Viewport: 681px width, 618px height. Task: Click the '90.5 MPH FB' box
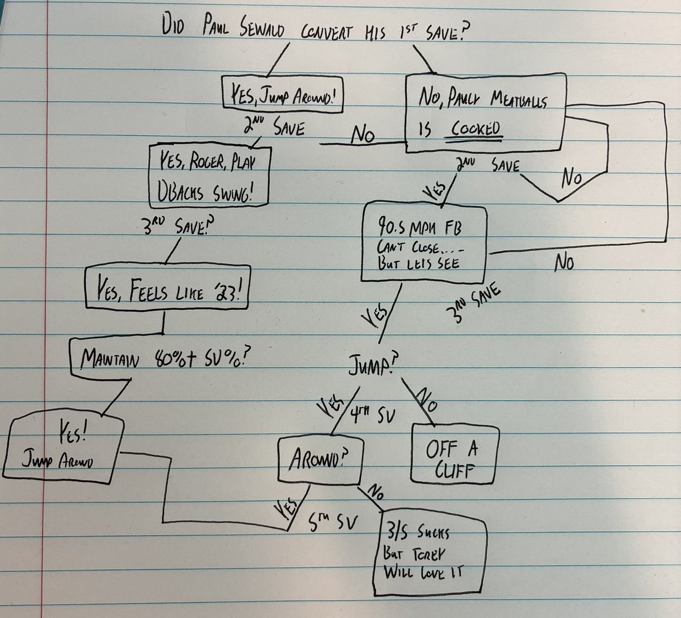click(424, 243)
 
